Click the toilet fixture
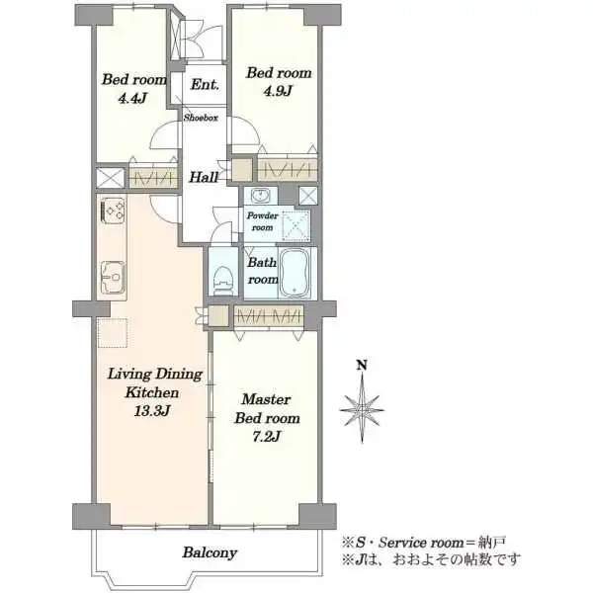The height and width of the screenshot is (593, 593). click(223, 280)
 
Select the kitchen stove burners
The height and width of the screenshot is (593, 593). click(113, 210)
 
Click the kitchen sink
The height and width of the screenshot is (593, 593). click(113, 277)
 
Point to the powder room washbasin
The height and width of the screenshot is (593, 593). click(260, 195)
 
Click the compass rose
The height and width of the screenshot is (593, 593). click(362, 408)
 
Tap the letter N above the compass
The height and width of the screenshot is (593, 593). click(362, 366)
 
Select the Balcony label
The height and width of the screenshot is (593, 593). click(210, 552)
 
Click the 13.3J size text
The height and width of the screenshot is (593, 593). click(152, 411)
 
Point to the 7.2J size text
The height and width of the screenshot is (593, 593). click(266, 437)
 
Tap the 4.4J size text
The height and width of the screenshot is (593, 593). click(132, 98)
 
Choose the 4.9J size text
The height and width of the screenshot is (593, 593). click(278, 91)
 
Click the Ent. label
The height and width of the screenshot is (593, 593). click(205, 84)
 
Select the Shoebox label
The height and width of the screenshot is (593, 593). click(201, 118)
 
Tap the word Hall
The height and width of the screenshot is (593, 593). click(204, 177)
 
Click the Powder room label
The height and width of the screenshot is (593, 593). click(262, 221)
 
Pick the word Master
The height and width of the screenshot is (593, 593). click(266, 399)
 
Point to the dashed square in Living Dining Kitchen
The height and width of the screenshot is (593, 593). click(113, 333)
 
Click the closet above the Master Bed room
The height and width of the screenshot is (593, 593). click(269, 315)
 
